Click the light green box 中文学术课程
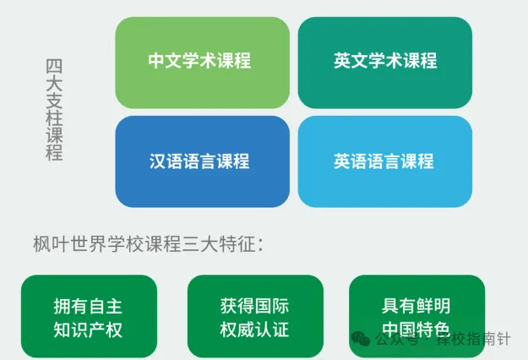point(203,63)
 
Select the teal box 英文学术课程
point(385,63)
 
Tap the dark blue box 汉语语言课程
point(203,161)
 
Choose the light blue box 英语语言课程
point(385,161)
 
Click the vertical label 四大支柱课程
point(54,110)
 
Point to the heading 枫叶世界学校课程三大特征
point(148,244)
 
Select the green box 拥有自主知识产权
point(89,316)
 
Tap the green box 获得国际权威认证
point(255,316)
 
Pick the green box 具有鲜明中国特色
point(416,316)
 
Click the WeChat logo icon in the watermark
point(361,338)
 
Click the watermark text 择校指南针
point(473,339)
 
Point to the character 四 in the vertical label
point(54,67)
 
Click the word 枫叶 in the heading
point(52,244)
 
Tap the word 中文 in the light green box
point(165,61)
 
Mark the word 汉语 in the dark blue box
point(166,161)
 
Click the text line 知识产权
point(88,330)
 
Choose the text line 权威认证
point(254,330)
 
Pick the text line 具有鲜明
point(416,306)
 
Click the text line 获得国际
point(254,306)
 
